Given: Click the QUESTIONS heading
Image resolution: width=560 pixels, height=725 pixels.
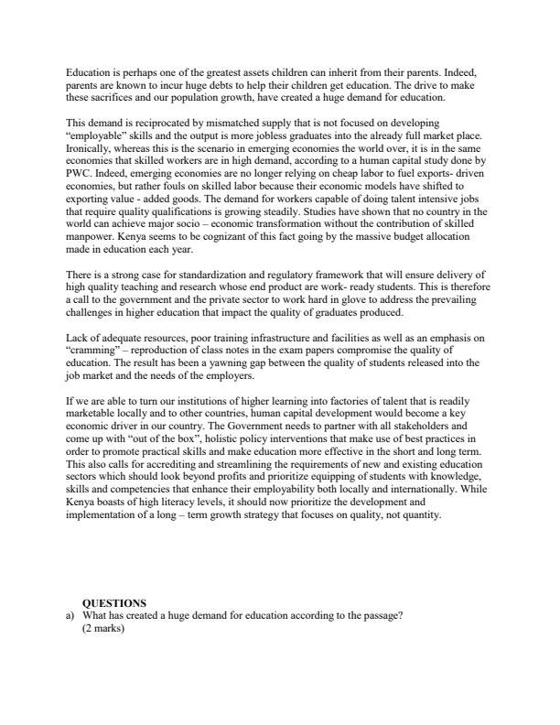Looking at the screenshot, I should [114, 603].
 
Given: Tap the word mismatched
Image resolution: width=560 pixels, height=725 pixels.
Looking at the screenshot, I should [241, 121].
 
